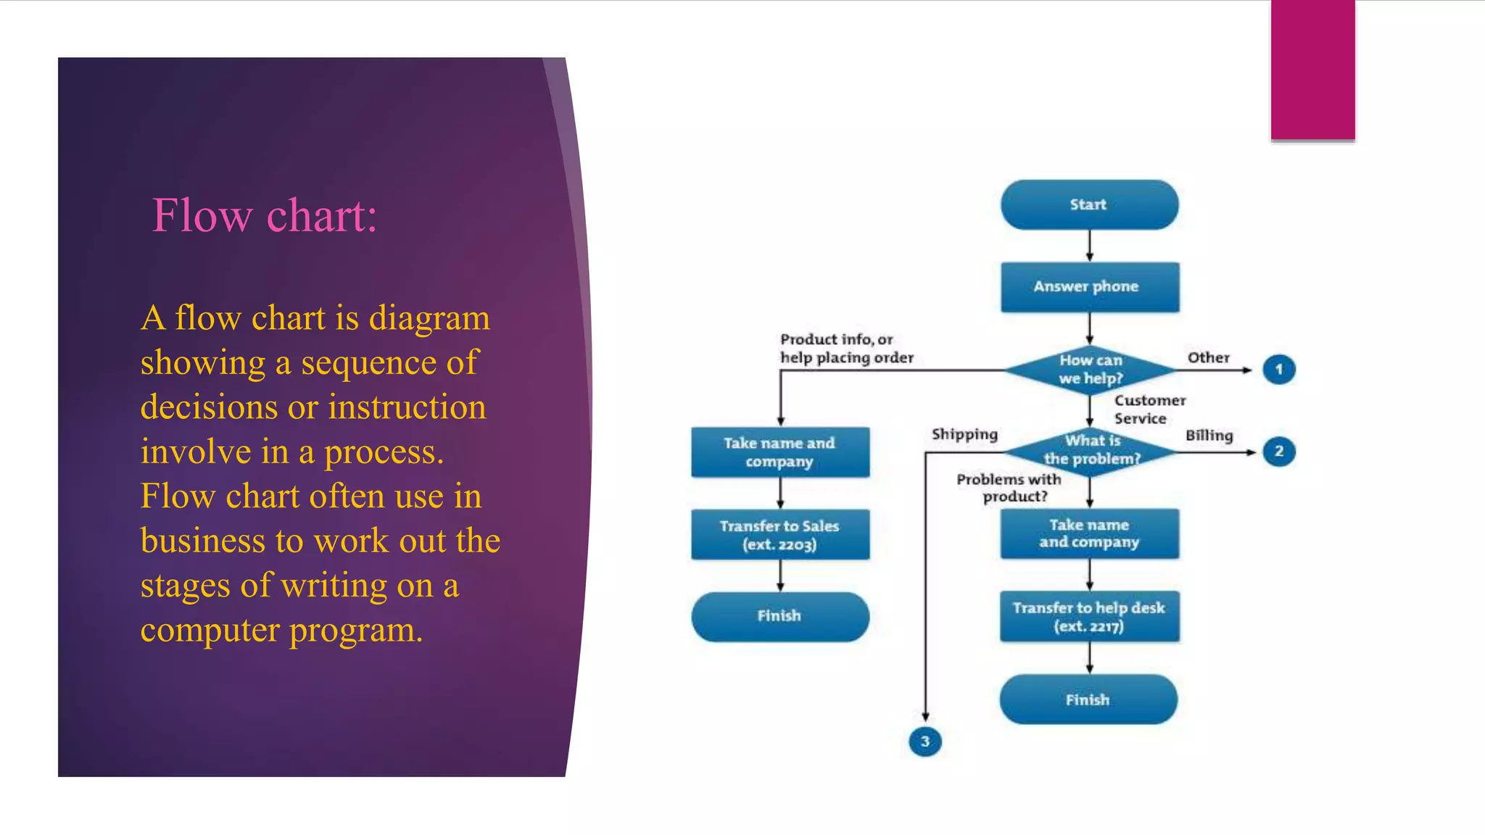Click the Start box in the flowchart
1089,205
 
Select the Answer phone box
1089,287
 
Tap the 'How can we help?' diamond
1090,370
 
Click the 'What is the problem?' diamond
1091,451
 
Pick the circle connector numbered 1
1278,370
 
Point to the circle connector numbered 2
1278,452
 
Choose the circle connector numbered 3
924,741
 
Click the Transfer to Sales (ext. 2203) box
779,535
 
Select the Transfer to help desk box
1089,617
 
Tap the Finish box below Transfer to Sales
779,616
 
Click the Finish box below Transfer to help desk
1088,699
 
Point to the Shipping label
964,434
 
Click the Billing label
1209,436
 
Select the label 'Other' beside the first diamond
1208,357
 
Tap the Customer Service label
1149,410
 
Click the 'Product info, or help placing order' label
846,349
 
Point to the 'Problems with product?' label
1009,488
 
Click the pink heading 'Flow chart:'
265,216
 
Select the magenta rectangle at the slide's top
1312,70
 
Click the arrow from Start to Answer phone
1089,246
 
